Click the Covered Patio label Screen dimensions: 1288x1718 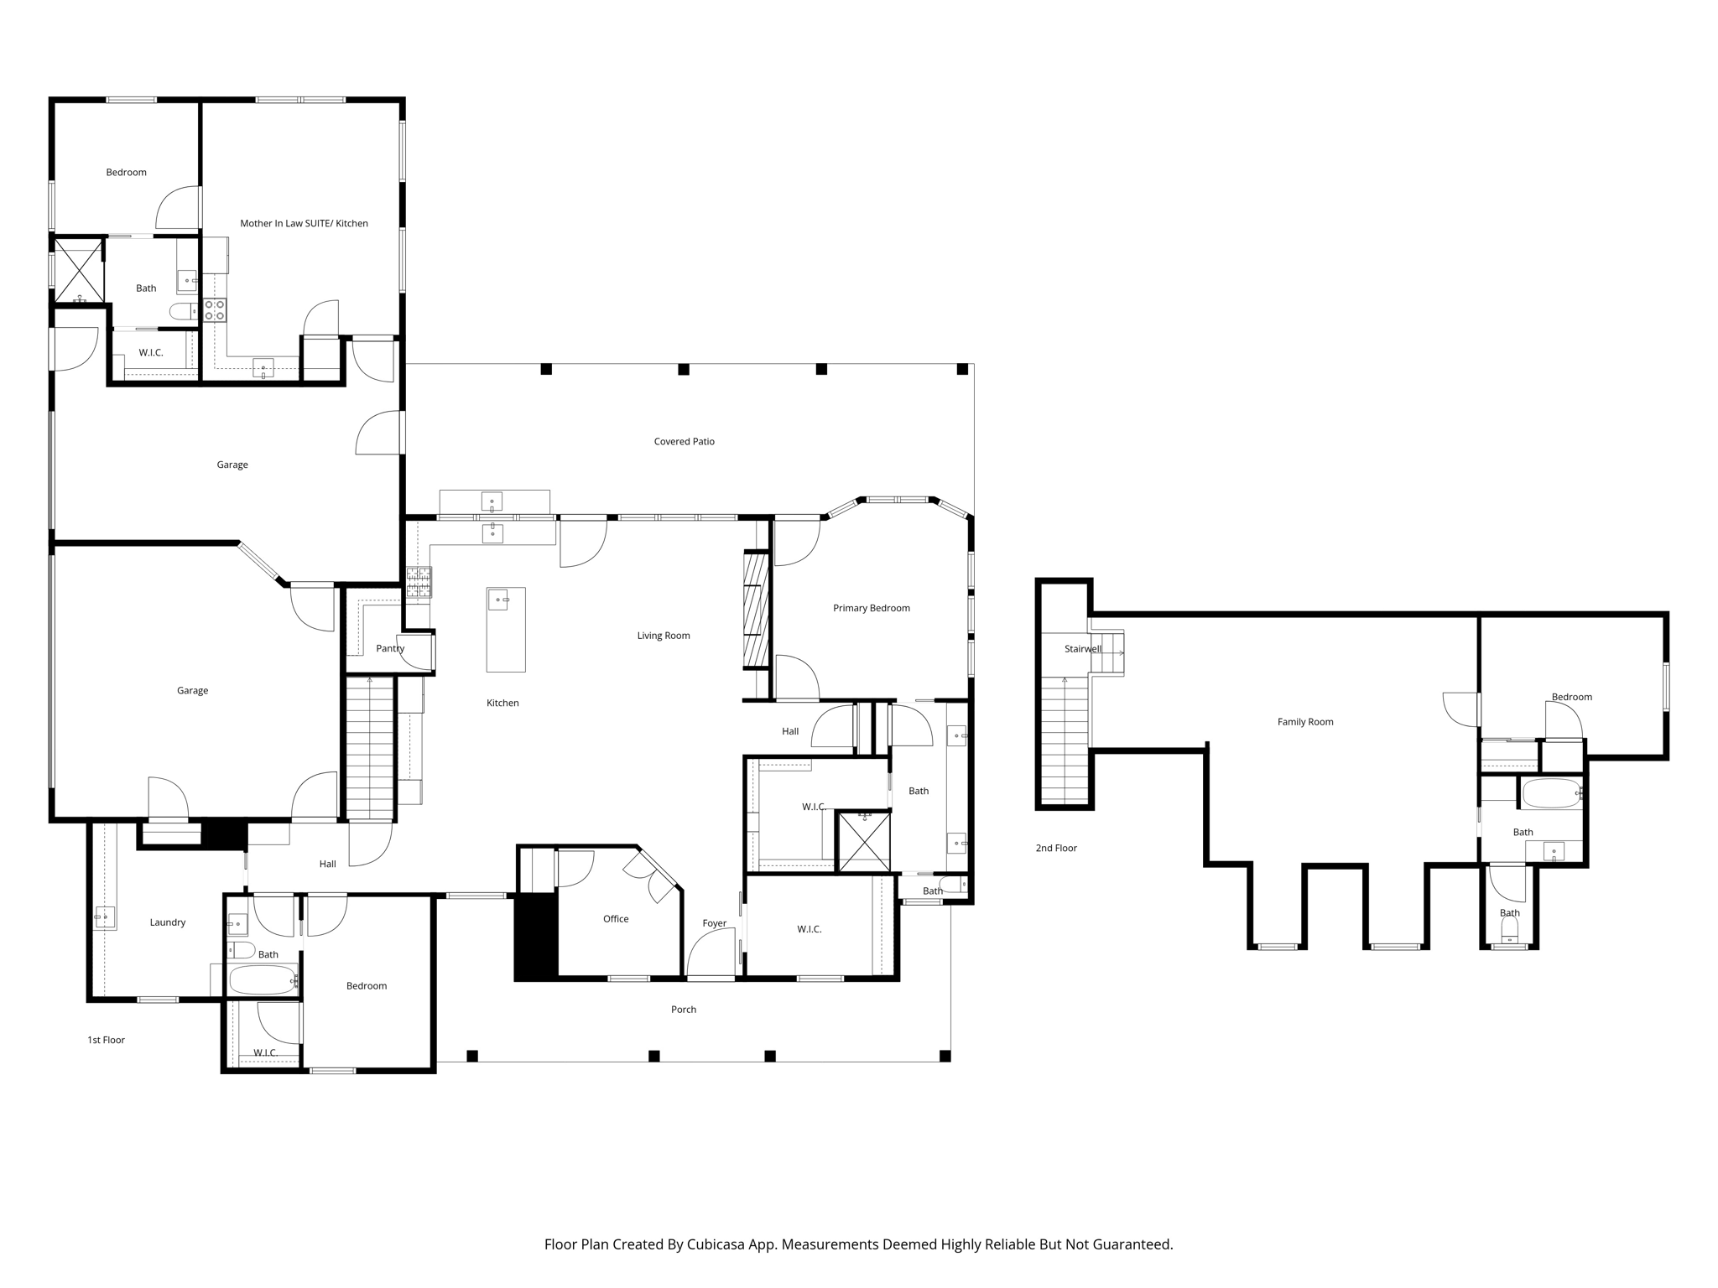tap(684, 441)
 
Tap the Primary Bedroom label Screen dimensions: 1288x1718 tap(871, 608)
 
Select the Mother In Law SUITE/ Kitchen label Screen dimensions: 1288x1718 tap(304, 223)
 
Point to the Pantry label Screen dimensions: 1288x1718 tap(390, 648)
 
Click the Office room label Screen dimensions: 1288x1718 tap(616, 919)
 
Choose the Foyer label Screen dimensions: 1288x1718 tap(714, 923)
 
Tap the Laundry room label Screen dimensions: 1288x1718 tap(167, 922)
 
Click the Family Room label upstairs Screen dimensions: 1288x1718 tap(1304, 722)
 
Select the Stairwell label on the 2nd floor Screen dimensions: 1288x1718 tap(1082, 649)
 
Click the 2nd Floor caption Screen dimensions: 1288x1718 tap(1055, 848)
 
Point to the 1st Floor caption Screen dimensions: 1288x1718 tap(106, 1040)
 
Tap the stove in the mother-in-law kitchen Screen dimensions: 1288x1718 tap(215, 310)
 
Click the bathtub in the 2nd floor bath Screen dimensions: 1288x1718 tap(1551, 793)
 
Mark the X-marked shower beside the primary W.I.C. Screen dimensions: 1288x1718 tap(864, 840)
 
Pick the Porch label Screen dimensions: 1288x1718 tap(683, 1010)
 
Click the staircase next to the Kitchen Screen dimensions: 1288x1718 tap(370, 748)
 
